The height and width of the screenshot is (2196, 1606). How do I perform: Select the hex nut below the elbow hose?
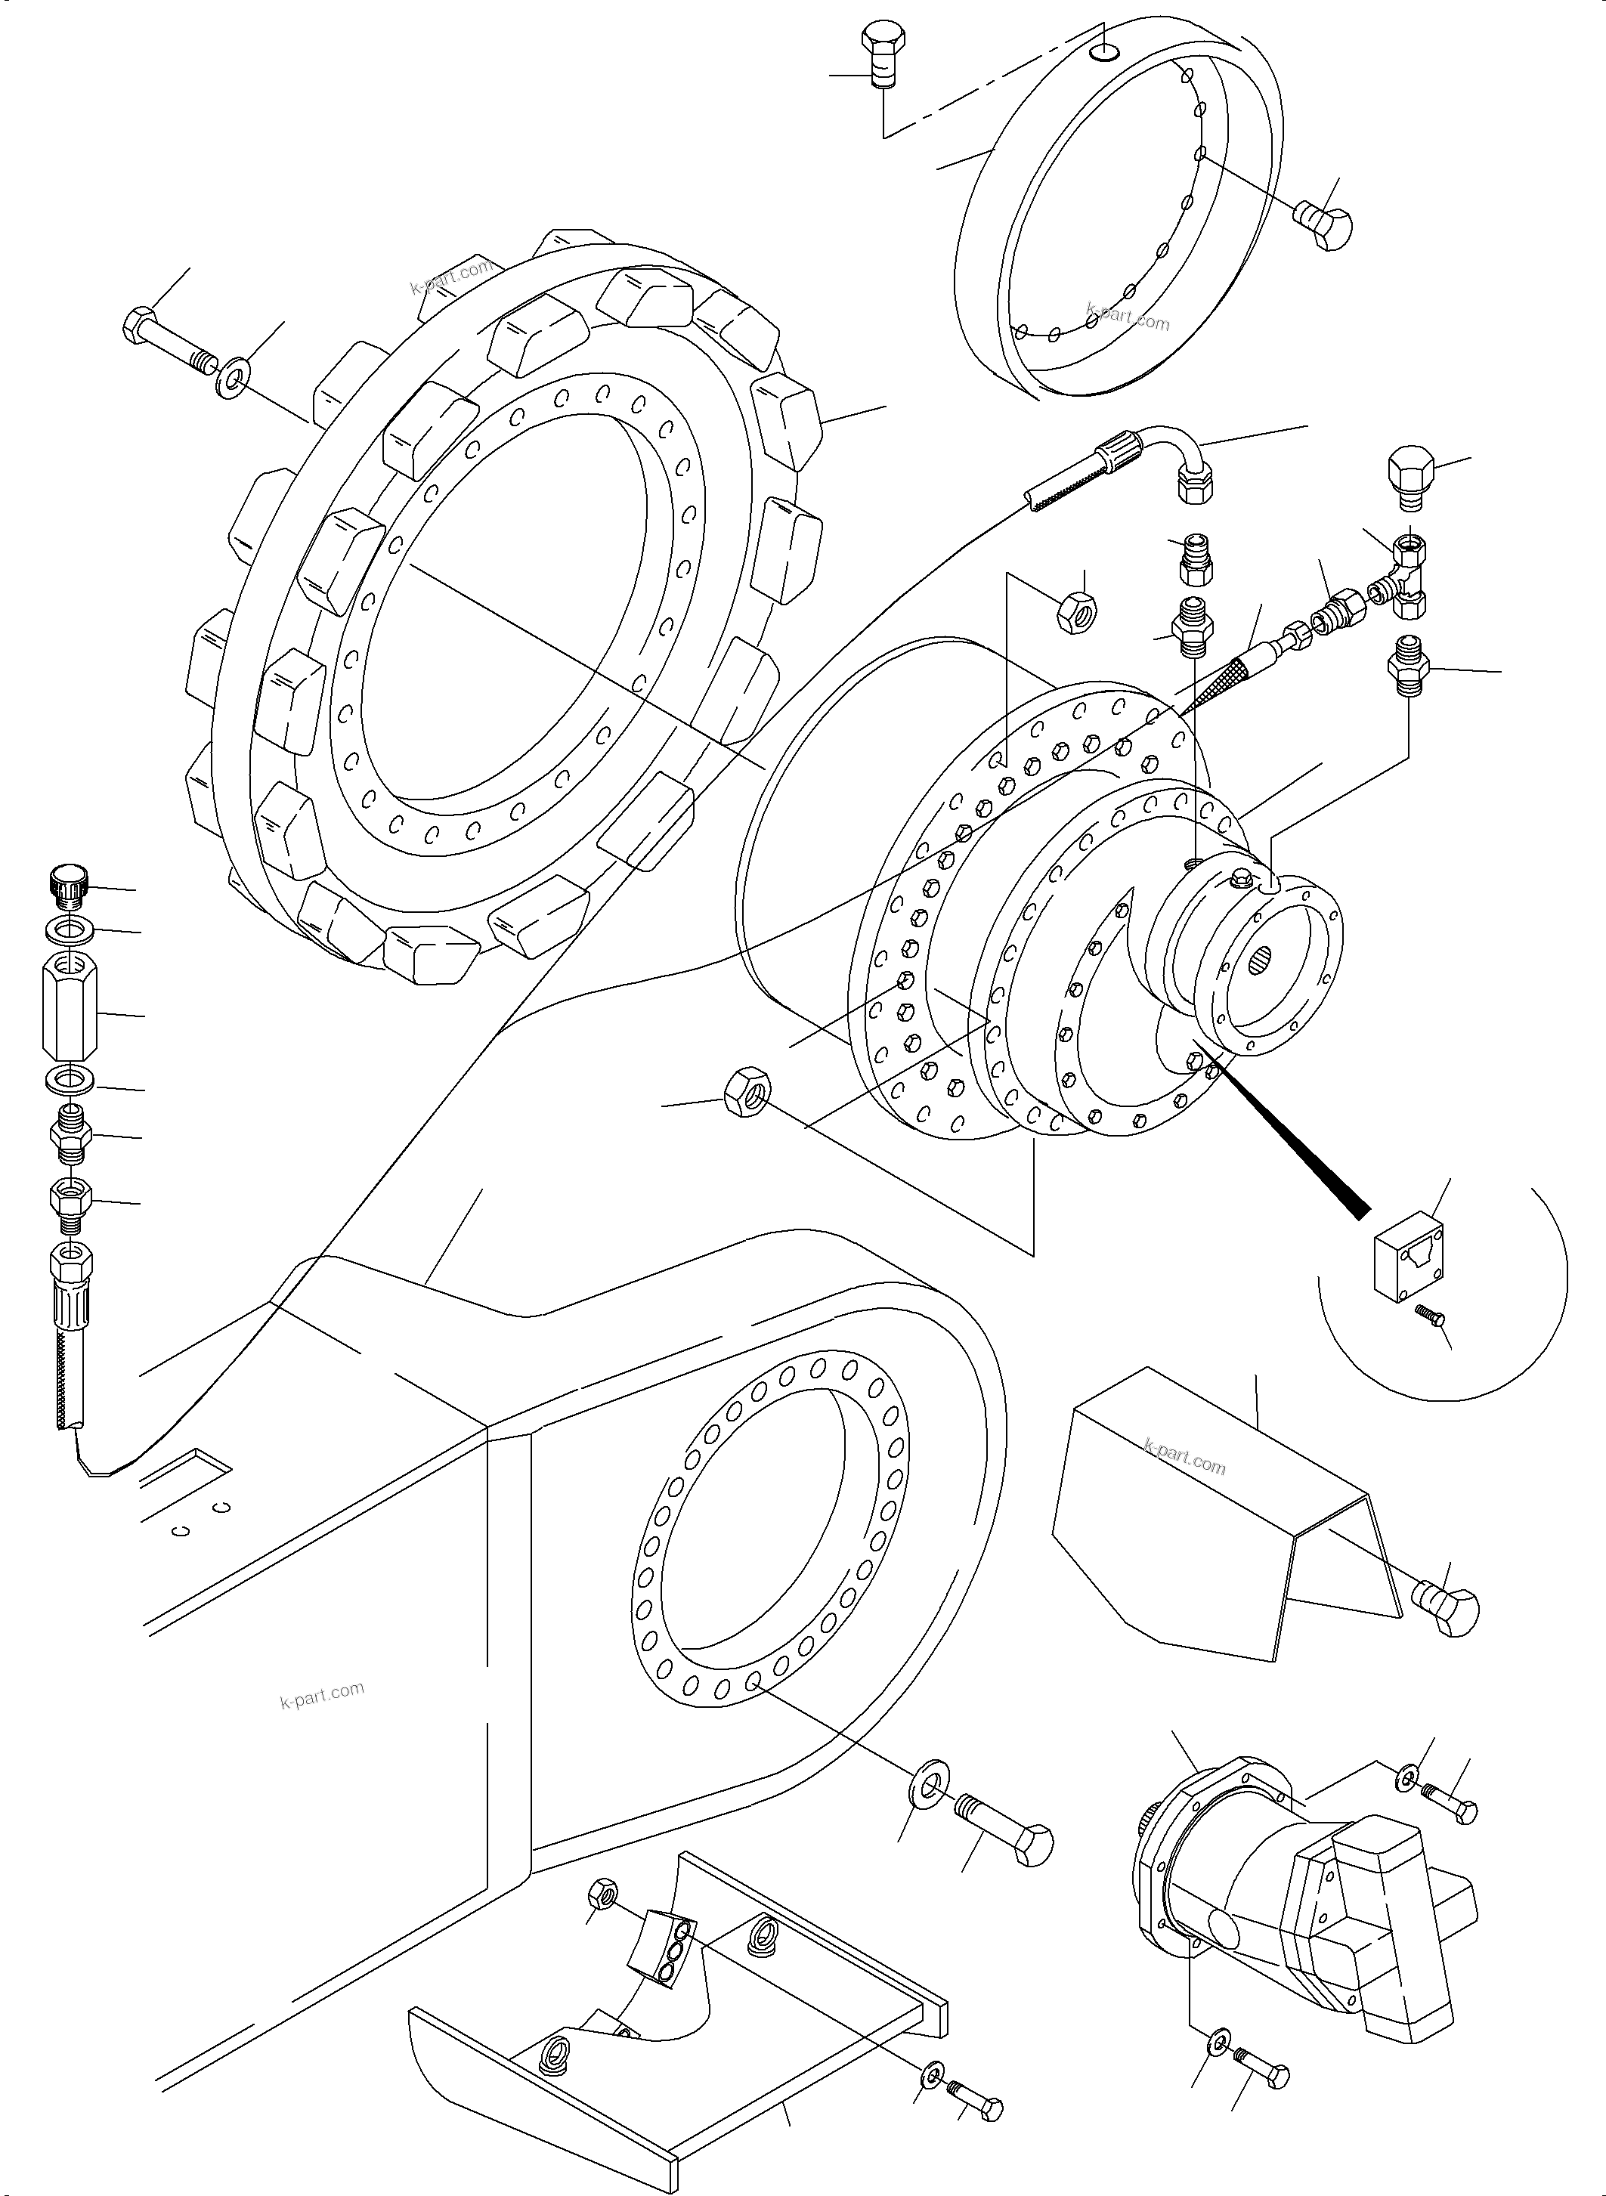pos(1076,611)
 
